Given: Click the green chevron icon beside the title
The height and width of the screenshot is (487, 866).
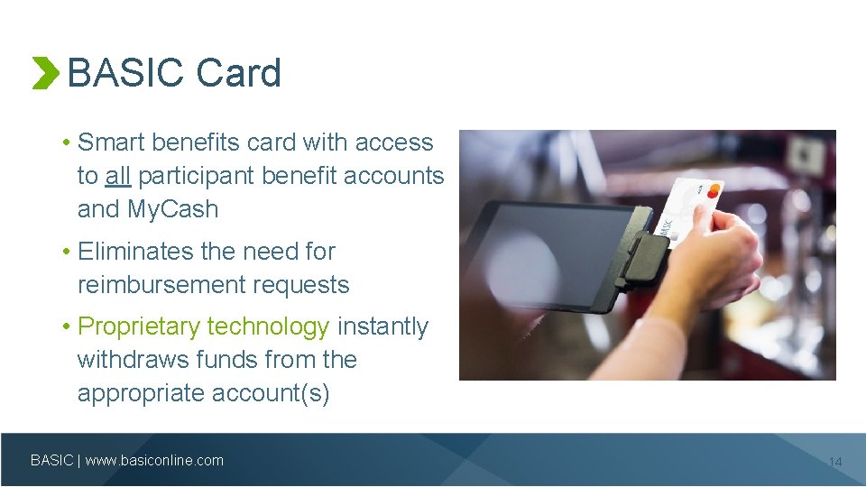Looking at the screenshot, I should [44, 73].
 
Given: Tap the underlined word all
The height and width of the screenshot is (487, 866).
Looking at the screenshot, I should [117, 176].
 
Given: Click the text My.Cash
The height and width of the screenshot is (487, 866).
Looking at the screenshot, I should [173, 209].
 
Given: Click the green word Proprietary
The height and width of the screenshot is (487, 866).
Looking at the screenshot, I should [141, 326].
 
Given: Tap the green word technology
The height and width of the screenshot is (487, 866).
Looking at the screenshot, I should [268, 326].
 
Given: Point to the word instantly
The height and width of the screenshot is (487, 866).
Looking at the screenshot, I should [382, 326].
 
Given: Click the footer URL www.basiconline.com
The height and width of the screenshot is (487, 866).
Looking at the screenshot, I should [154, 461].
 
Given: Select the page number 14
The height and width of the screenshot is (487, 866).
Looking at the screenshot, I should [834, 462].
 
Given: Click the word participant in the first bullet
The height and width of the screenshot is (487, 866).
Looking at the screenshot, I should [196, 176].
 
